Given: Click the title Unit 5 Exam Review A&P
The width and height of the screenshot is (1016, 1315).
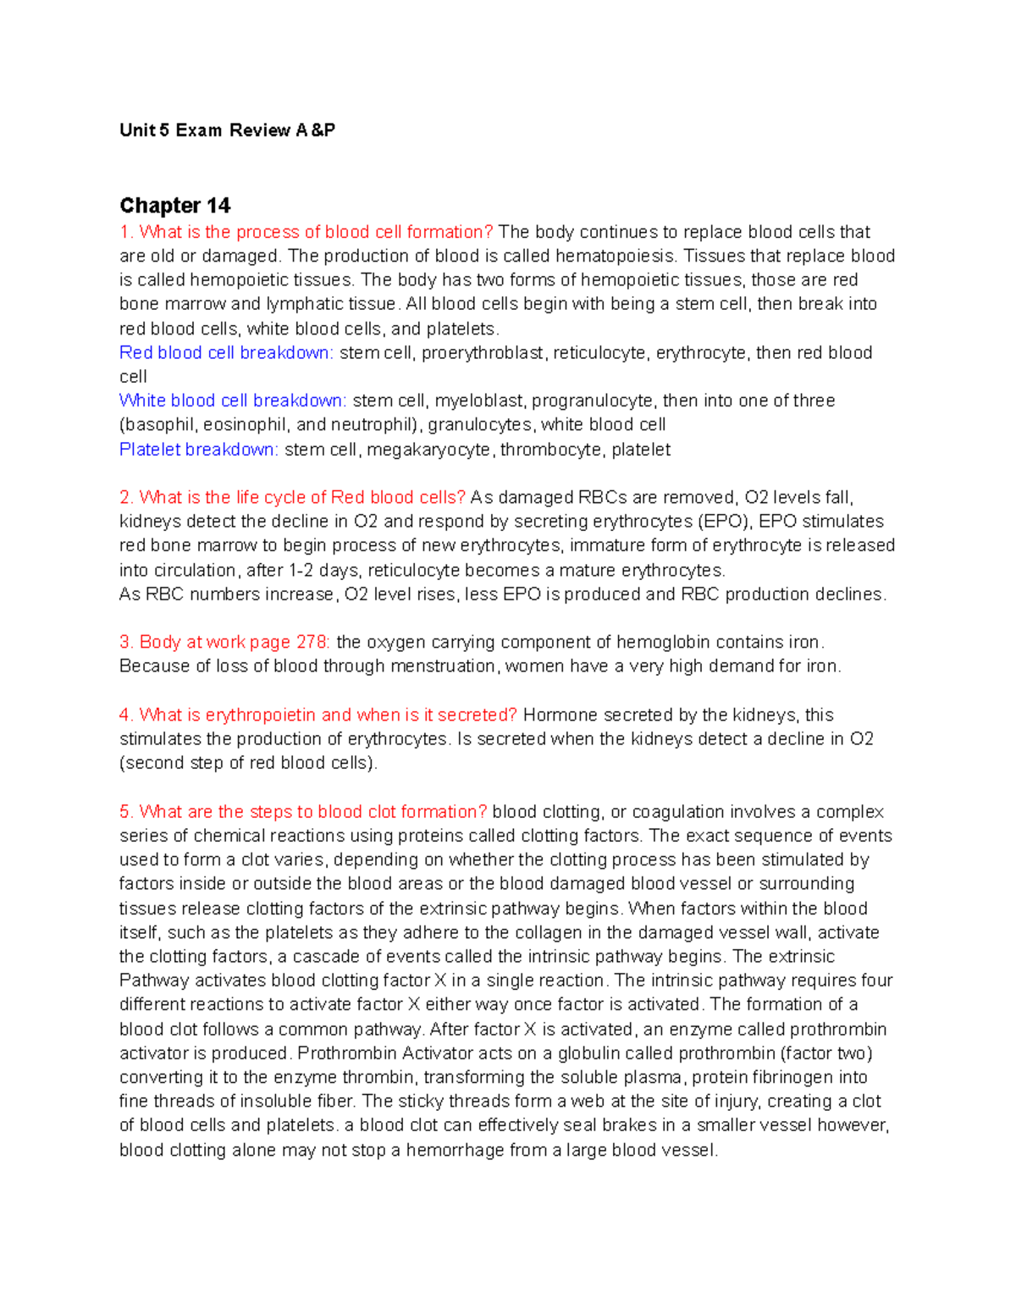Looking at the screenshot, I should tap(227, 130).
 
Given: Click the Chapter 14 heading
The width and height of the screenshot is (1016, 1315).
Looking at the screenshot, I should tap(174, 206).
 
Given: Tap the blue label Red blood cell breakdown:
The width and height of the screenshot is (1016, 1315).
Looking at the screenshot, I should tap(226, 353).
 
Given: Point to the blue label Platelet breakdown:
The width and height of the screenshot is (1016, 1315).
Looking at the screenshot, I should tap(198, 450).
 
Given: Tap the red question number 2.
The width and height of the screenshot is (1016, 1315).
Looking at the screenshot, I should tap(126, 498).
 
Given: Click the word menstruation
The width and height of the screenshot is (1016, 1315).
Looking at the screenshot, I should tap(431, 666).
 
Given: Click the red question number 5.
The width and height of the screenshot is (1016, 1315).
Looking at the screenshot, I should tap(126, 812).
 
